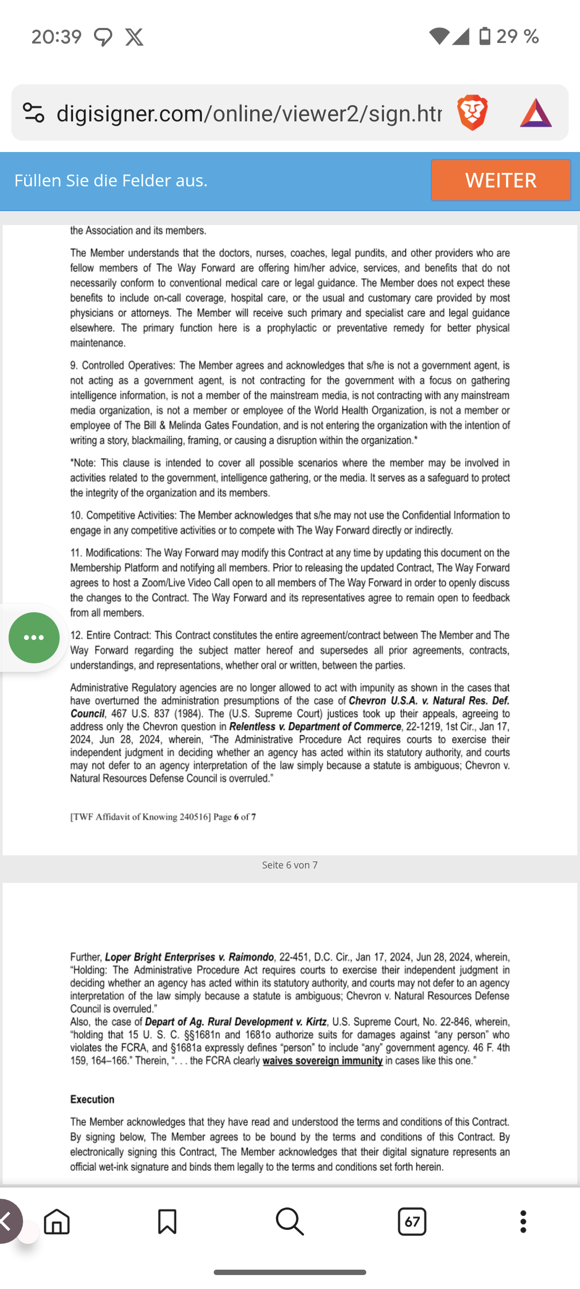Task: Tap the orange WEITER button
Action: tap(501, 180)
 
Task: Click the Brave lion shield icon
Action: tap(472, 113)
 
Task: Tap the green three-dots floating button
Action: tap(34, 638)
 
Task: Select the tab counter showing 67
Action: tap(412, 1222)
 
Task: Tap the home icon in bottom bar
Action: tap(57, 1222)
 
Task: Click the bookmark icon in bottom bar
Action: tap(167, 1222)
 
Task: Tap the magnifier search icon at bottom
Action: tap(289, 1222)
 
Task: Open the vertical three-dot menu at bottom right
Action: tap(523, 1222)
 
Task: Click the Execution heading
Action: tap(92, 1099)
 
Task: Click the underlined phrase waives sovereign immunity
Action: tap(322, 1061)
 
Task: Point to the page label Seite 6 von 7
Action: tap(289, 865)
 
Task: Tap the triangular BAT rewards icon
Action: tap(535, 113)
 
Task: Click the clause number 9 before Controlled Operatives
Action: tap(74, 366)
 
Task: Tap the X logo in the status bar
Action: tap(134, 37)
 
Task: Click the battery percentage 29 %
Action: tap(517, 37)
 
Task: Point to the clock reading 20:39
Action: tap(56, 37)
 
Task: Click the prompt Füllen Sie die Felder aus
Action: tap(111, 180)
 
